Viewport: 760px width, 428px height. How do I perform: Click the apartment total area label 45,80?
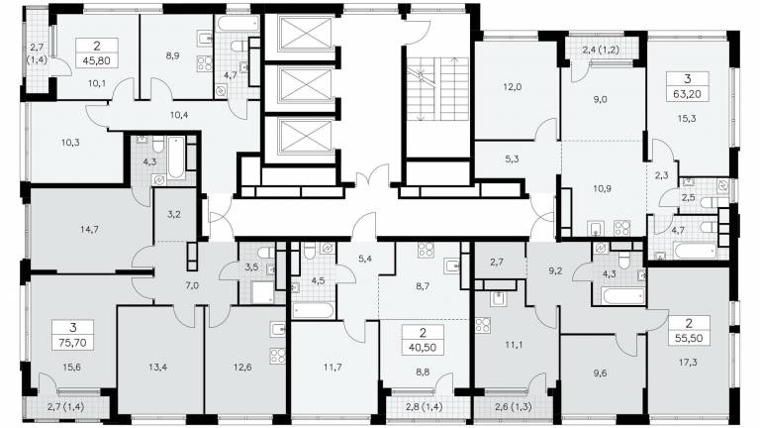(x=97, y=61)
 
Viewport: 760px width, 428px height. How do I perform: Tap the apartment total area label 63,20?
(x=687, y=94)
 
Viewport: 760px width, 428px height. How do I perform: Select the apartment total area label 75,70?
(x=72, y=343)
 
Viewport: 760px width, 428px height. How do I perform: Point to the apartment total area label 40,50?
(x=423, y=348)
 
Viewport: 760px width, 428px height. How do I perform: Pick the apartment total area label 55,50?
(x=689, y=338)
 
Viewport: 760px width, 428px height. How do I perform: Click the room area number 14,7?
(x=89, y=229)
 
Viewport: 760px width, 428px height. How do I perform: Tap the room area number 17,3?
(x=688, y=361)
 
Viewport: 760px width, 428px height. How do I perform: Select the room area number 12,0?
(x=512, y=87)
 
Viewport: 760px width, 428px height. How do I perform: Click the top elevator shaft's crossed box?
(x=305, y=32)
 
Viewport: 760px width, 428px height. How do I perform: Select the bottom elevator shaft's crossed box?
(x=305, y=136)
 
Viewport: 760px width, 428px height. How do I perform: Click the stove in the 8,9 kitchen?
(x=205, y=63)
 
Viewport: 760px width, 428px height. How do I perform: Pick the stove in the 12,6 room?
(x=278, y=356)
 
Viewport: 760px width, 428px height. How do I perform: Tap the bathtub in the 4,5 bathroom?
(x=313, y=310)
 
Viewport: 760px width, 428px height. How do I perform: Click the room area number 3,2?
(x=173, y=214)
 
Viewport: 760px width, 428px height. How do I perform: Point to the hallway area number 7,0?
(x=192, y=285)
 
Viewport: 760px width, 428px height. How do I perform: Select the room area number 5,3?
(x=512, y=159)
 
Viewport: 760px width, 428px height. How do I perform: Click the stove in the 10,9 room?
(x=621, y=228)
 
